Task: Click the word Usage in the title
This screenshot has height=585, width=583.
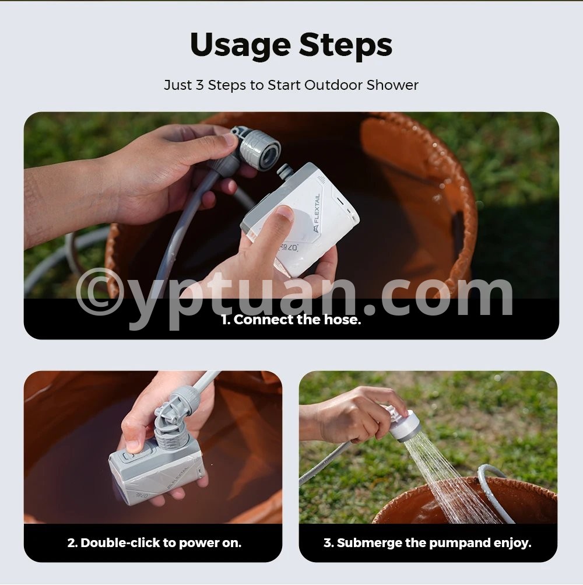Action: point(241,45)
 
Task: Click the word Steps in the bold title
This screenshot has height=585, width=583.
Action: point(345,44)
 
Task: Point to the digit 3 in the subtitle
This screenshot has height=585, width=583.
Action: point(200,85)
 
